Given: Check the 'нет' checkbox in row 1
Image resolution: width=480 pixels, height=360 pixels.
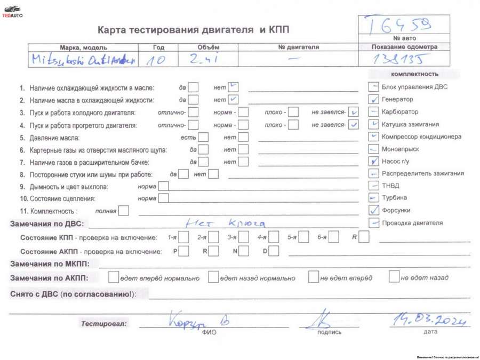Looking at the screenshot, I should coord(233,87).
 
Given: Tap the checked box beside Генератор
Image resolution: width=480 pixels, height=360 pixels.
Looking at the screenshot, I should coord(374,99).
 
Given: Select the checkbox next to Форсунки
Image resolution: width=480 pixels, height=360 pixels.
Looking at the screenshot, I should coord(374,210).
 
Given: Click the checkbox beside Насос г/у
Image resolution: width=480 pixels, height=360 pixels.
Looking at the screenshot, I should coord(374,161).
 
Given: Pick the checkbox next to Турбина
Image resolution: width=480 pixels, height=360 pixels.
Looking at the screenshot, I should coord(374,198).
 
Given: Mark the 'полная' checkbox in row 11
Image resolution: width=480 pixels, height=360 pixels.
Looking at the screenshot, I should coord(124,211).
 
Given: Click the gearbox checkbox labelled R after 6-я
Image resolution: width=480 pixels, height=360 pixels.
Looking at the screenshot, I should coord(364,237).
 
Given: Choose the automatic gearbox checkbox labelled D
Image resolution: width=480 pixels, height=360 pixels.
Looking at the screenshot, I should coord(274,251).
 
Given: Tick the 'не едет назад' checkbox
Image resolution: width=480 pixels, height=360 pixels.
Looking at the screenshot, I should coord(394,277).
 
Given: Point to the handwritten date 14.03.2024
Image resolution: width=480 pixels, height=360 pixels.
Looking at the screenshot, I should coord(429,319).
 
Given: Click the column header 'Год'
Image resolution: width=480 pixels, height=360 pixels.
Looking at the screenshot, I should coord(158,47).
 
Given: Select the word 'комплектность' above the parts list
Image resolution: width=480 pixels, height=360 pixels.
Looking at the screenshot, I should coord(414,74).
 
